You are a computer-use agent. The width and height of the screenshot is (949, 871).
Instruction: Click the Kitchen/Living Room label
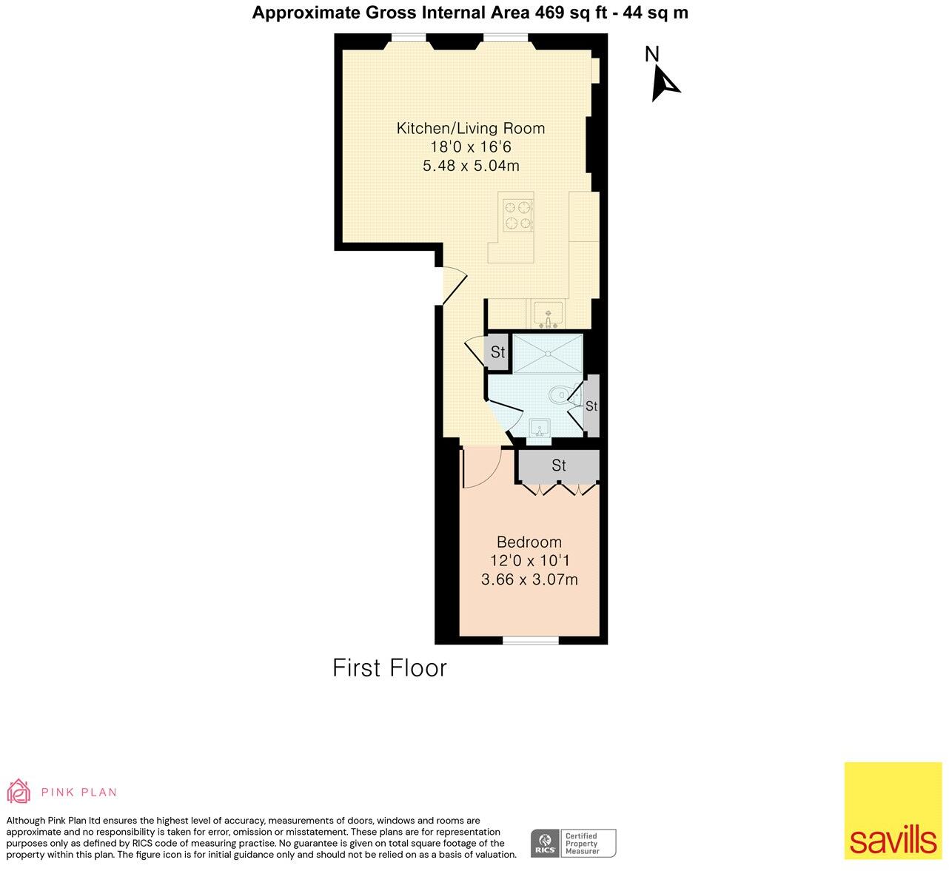[471, 128]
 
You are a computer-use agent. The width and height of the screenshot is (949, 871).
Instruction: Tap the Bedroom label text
[529, 542]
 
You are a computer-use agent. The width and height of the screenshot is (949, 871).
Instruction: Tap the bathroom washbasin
[540, 428]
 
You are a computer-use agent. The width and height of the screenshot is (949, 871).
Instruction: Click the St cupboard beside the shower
[497, 352]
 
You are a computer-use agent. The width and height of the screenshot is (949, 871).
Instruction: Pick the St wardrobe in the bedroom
[559, 465]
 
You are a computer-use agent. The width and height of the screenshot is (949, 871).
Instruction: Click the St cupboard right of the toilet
[591, 406]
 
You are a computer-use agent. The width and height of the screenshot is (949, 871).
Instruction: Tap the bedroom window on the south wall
[531, 639]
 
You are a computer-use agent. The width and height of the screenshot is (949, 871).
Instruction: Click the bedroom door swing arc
[481, 470]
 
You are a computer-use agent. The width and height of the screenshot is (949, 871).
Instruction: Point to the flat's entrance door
[454, 285]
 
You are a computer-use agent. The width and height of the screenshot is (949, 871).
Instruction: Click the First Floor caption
[389, 667]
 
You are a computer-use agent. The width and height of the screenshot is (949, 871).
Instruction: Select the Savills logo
[893, 810]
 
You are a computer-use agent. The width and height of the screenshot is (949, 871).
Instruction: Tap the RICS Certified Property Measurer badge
[573, 843]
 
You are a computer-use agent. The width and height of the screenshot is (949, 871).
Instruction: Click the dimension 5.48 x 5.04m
[471, 166]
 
